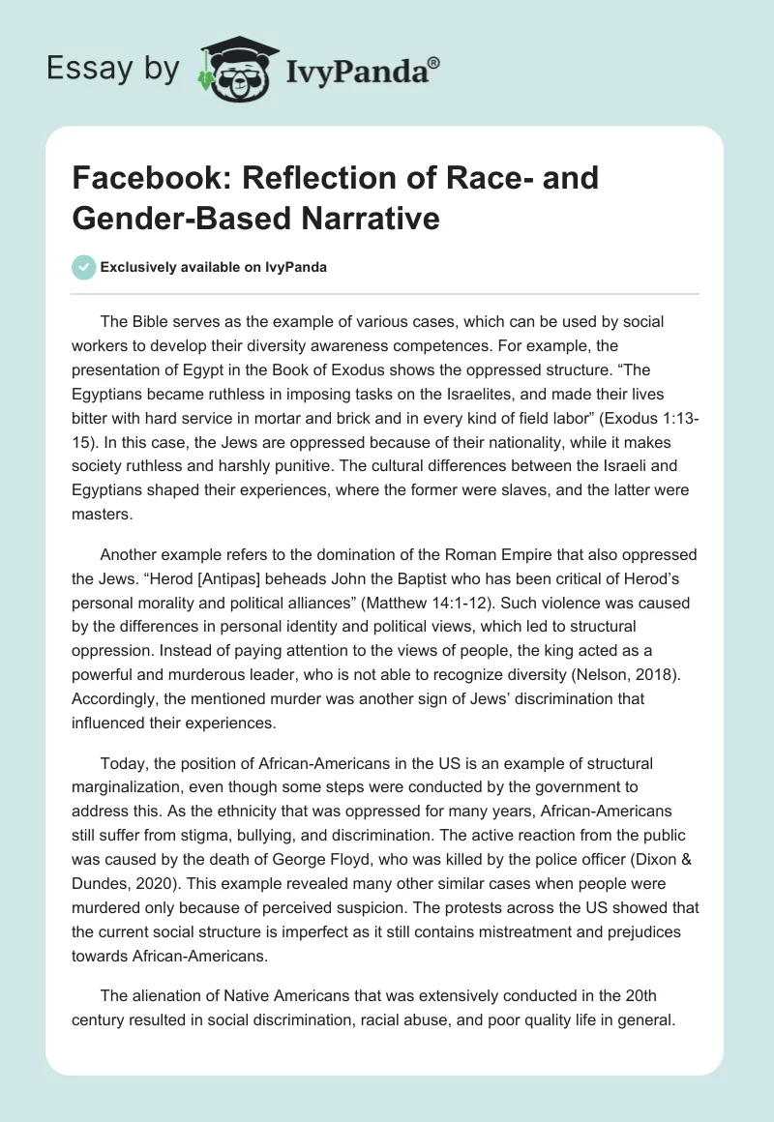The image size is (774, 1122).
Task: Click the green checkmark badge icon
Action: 84,267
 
